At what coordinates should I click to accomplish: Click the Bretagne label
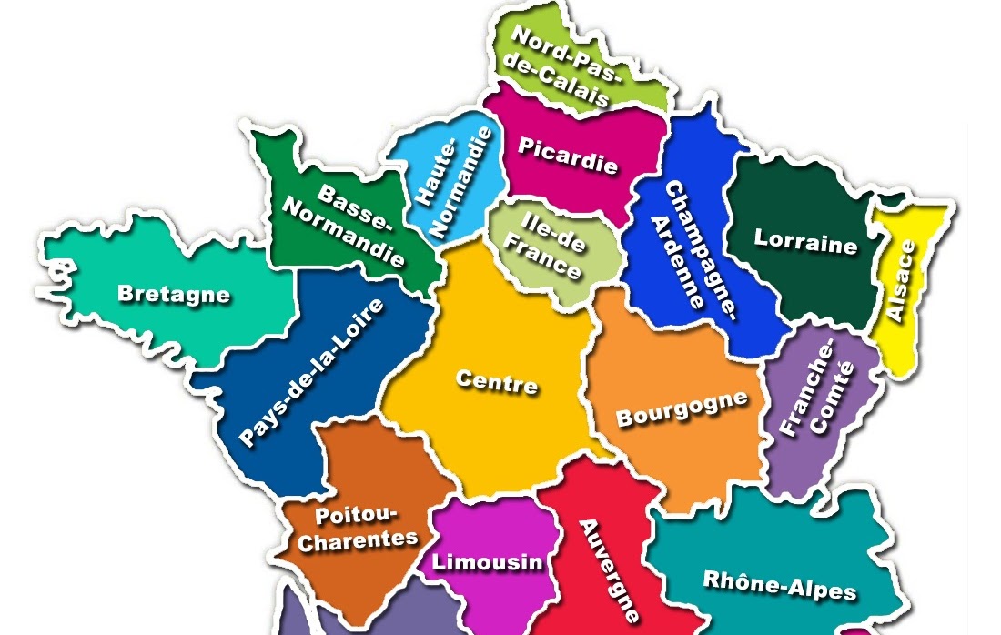[x=174, y=294]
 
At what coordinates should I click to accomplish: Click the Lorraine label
[x=805, y=243]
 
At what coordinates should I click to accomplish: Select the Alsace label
[x=905, y=281]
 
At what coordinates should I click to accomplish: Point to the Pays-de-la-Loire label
[x=312, y=373]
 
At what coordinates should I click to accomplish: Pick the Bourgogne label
[x=682, y=409]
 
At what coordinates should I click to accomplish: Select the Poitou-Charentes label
[x=358, y=529]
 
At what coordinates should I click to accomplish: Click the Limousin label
[x=487, y=562]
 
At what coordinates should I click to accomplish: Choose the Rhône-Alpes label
[x=780, y=584]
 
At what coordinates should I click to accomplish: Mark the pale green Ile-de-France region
[x=582, y=273]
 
